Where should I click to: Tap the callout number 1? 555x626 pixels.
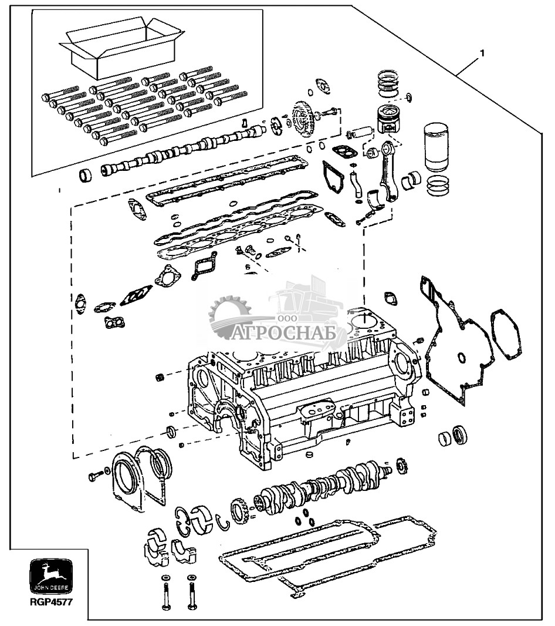[482, 53]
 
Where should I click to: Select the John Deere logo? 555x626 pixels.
[51, 577]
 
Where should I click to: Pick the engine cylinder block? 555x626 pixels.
[303, 387]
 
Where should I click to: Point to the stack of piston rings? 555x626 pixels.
[388, 85]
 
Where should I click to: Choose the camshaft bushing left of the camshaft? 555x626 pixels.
[85, 175]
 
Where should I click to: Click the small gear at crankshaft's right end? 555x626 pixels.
[402, 467]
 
